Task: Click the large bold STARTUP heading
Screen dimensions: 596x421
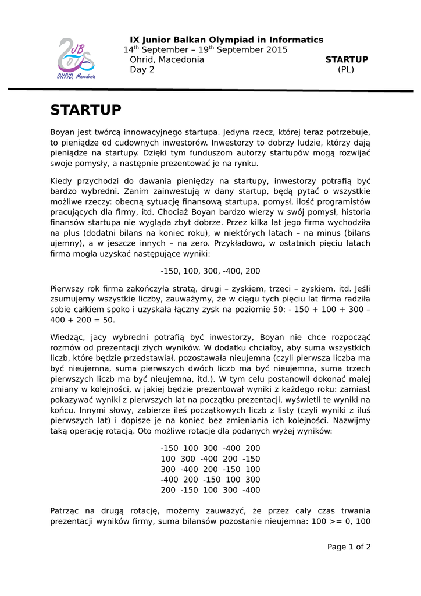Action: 86,110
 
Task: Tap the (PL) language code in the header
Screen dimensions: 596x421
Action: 346,69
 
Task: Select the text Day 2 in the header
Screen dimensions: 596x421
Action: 142,69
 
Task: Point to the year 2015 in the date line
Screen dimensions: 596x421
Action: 277,50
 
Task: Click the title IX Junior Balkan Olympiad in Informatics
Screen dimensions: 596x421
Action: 226,40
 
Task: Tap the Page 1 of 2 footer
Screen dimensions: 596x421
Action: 349,547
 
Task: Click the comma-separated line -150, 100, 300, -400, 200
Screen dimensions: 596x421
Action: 211,271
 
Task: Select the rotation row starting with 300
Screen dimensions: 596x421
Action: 211,469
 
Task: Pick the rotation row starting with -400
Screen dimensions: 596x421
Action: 211,480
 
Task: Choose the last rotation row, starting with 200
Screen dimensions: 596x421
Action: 211,490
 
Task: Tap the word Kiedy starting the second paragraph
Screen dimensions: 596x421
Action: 62,181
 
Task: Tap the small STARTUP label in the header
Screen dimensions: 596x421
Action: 347,59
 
